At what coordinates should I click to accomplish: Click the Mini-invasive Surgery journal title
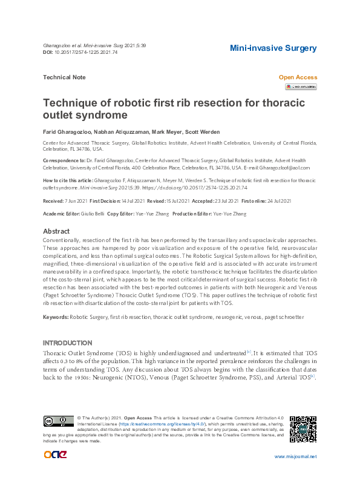click(273, 48)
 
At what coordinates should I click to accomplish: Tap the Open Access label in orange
click(298, 77)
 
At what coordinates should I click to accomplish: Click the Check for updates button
click(301, 87)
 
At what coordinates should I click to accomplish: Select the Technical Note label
click(64, 77)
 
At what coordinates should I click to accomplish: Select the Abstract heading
click(56, 231)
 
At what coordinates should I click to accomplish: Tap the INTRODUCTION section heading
click(68, 342)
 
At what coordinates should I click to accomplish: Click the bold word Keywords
click(55, 317)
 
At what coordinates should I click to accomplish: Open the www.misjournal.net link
click(295, 457)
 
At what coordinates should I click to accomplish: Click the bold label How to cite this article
click(68, 180)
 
